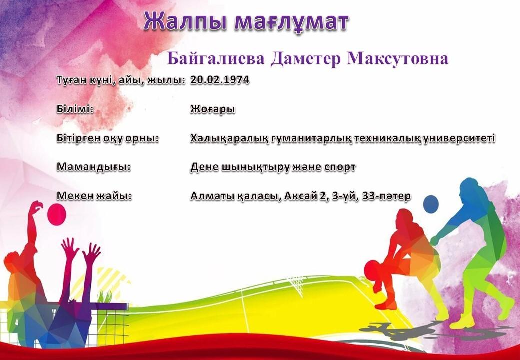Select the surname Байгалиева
(216, 59)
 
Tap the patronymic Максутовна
(398, 58)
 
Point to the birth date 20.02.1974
(220, 80)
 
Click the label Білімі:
(75, 109)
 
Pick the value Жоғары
(213, 109)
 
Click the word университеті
(459, 138)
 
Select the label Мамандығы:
(94, 167)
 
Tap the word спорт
(340, 167)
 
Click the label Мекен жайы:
(94, 196)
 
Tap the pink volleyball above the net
(57, 214)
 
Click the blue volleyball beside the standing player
(431, 204)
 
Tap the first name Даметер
(306, 59)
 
